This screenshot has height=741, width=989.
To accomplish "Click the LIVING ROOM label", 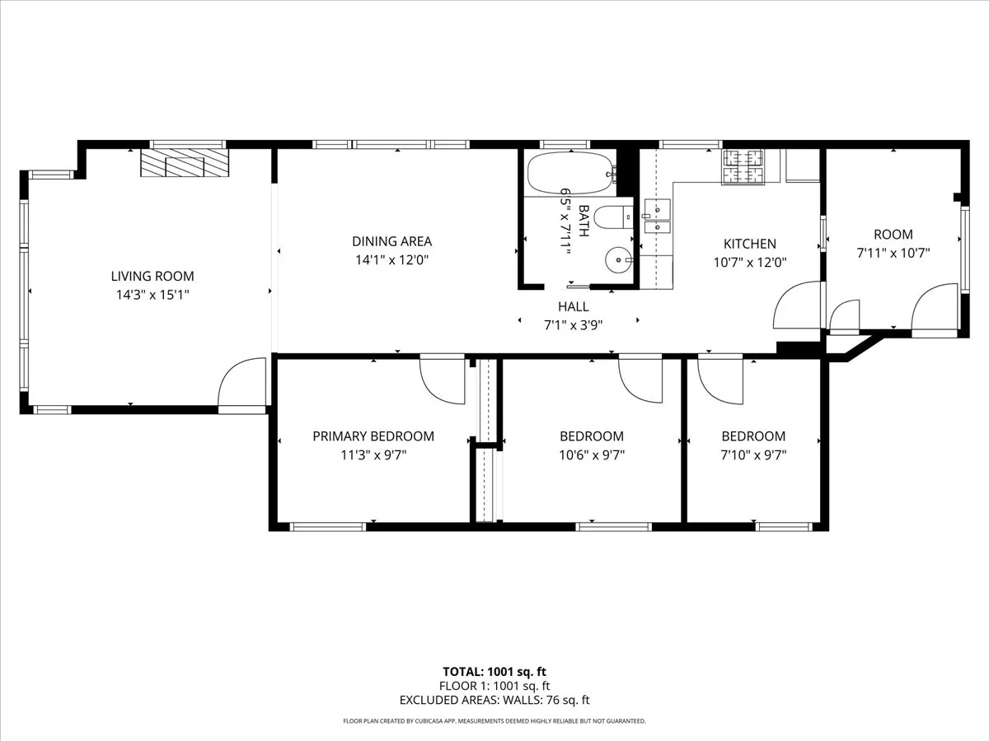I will pyautogui.click(x=152, y=277).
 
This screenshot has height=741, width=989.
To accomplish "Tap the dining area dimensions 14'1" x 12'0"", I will pyautogui.click(x=392, y=259).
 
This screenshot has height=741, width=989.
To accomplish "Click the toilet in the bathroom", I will pyautogui.click(x=610, y=218).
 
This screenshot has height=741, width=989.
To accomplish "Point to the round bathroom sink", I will pyautogui.click(x=617, y=261).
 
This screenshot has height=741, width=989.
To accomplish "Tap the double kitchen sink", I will pyautogui.click(x=657, y=217).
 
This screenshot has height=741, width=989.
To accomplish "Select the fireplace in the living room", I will pyautogui.click(x=184, y=163).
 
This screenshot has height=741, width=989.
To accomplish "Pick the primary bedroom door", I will pyautogui.click(x=443, y=380).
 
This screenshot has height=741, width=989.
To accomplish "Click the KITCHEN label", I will pyautogui.click(x=749, y=244).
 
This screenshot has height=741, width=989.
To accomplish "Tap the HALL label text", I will pyautogui.click(x=573, y=307).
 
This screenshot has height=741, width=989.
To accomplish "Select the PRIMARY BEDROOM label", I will pyautogui.click(x=373, y=436).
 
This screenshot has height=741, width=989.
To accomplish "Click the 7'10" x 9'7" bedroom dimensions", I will pyautogui.click(x=753, y=454).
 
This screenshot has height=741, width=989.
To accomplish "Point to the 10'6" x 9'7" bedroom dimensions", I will pyautogui.click(x=592, y=454).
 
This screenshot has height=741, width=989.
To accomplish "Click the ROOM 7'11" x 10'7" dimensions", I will pyautogui.click(x=893, y=254).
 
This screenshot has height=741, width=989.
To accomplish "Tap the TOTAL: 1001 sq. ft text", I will pyautogui.click(x=494, y=671).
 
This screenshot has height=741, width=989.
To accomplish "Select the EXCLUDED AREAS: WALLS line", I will pyautogui.click(x=494, y=701).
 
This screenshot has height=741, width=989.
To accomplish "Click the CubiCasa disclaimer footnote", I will pyautogui.click(x=494, y=721).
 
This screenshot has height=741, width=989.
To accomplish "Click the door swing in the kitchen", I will pyautogui.click(x=797, y=306).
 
